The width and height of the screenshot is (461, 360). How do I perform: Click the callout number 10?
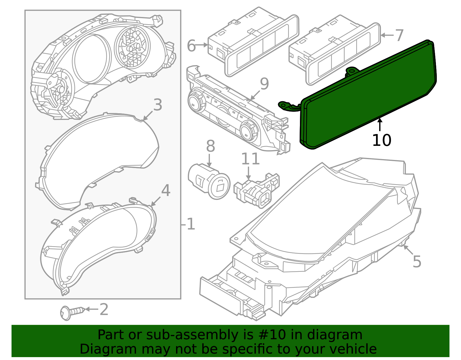point(381,140)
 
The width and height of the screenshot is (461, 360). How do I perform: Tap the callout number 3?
point(158,105)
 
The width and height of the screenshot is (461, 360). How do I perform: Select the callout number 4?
point(166,191)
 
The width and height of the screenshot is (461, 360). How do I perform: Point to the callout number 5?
point(417,262)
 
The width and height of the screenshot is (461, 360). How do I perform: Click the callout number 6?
point(191,46)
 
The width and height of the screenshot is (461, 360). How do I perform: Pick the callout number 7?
point(399,35)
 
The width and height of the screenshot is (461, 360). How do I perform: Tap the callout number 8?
point(210,146)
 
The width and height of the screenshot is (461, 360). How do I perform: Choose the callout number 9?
point(264,84)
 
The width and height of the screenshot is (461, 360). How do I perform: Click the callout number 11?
point(250,159)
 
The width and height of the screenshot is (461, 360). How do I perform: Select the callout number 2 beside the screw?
point(104,310)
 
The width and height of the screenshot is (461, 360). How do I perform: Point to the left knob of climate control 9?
point(197,101)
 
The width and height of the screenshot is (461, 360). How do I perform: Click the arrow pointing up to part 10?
point(380,124)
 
